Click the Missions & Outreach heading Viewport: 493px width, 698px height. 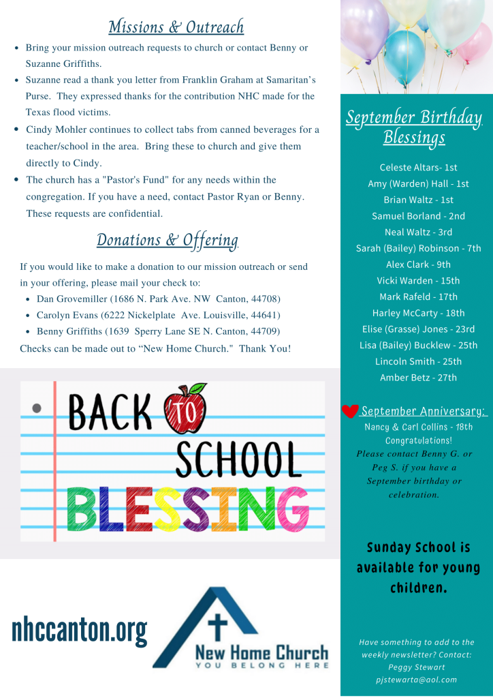(x=176, y=27)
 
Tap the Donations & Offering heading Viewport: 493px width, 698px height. (x=168, y=240)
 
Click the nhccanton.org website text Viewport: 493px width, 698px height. (x=79, y=631)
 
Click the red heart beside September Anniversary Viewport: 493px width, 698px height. (x=350, y=411)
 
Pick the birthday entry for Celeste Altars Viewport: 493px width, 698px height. (x=418, y=167)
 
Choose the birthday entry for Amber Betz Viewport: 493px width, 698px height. (x=418, y=377)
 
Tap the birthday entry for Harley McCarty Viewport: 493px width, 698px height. (x=418, y=313)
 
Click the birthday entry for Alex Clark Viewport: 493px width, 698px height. (x=418, y=264)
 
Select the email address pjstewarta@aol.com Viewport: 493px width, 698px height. (x=416, y=679)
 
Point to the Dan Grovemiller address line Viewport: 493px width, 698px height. (x=158, y=299)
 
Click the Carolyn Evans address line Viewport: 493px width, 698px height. (x=158, y=316)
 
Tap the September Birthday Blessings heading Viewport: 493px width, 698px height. (x=414, y=127)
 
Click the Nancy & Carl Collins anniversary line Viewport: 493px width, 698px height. (x=418, y=427)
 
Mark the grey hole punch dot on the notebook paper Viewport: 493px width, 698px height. (x=37, y=408)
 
